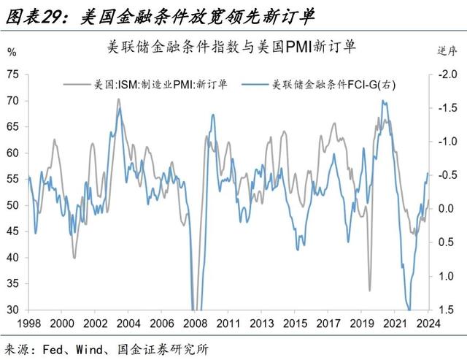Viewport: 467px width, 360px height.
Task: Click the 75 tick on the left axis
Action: [13, 74]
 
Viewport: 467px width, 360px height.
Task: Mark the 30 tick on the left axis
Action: [13, 310]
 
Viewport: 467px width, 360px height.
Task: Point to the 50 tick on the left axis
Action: [13, 205]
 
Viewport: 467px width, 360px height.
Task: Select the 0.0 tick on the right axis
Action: [447, 209]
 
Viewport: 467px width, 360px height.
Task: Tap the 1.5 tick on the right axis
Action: [447, 310]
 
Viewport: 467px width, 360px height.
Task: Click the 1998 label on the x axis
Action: [29, 323]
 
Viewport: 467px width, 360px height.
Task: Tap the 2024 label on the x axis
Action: [428, 323]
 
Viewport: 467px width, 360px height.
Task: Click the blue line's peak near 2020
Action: [383, 101]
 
